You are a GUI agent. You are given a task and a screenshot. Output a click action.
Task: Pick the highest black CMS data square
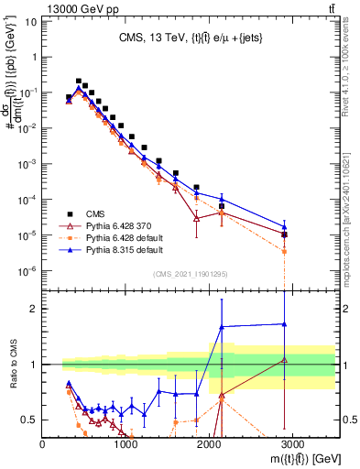[x=79, y=81]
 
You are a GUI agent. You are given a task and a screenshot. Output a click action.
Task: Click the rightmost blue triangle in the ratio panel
[x=284, y=323]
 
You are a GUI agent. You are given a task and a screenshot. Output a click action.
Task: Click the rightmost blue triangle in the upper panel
[x=284, y=227]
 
